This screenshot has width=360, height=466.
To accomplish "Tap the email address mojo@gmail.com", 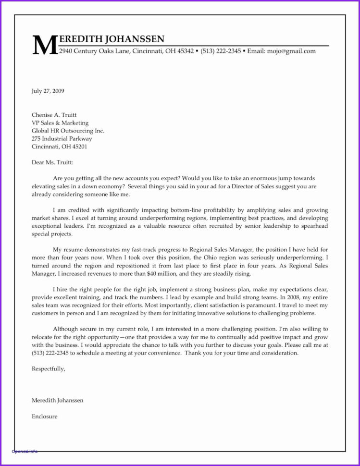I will pyautogui.click(x=292, y=51).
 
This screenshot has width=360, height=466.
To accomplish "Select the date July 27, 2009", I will pyautogui.click(x=48, y=90).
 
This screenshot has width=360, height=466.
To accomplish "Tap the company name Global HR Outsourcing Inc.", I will pyautogui.click(x=68, y=131).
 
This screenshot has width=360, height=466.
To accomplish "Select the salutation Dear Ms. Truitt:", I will pyautogui.click(x=53, y=162).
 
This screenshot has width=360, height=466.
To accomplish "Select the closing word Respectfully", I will pyautogui.click(x=48, y=368).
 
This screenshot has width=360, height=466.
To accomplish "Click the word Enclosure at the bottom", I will pyautogui.click(x=45, y=417).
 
